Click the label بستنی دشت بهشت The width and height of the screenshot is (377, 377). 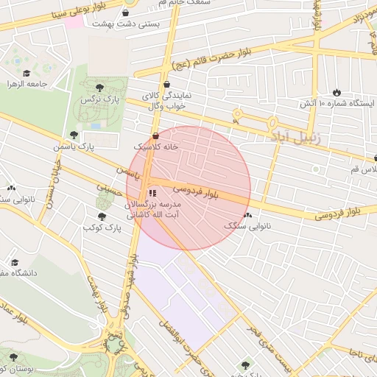point(124,24)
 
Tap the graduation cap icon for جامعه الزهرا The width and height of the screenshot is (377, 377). point(27,74)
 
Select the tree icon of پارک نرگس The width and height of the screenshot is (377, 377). point(99,88)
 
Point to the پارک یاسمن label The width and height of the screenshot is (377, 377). point(74,147)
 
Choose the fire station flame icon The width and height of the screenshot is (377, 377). point(337,92)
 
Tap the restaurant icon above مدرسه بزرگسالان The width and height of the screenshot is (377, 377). point(152,192)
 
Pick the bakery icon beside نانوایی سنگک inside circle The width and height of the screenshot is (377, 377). point(247,215)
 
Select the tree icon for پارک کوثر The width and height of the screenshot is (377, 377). point(102,216)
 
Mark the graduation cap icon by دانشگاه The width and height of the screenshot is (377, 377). point(14,262)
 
